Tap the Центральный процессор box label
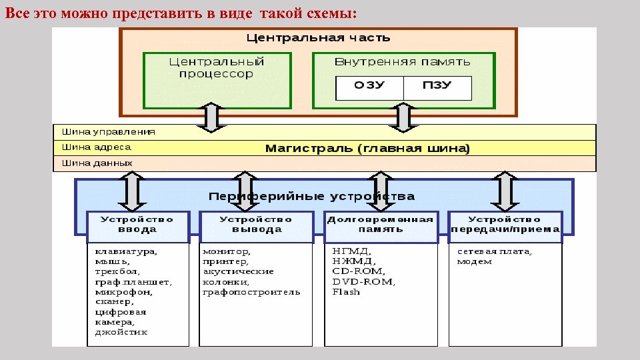217,67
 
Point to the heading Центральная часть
319,38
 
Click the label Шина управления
109,132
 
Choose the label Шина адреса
97,147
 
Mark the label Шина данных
97,163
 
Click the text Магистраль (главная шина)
367,148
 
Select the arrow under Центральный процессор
211,117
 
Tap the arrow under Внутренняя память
403,117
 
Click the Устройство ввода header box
137,225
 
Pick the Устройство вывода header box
256,225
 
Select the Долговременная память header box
380,225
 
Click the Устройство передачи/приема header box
505,225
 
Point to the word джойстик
121,332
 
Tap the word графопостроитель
251,292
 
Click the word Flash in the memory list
346,292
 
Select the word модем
475,262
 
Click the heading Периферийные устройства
311,197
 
